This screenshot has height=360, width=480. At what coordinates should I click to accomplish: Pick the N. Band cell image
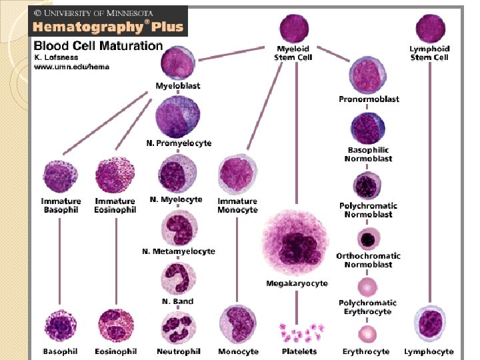pos(179,279)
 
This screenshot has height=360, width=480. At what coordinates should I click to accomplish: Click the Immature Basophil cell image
pos(61,177)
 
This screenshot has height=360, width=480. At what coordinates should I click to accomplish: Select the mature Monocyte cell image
pos(237,325)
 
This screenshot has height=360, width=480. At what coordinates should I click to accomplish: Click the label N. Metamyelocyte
pos(179,251)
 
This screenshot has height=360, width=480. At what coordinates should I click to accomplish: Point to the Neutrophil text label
pos(178,351)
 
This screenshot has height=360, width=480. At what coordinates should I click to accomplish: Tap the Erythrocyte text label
pos(366,351)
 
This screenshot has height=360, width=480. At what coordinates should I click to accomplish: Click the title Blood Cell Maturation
pos(98,46)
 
